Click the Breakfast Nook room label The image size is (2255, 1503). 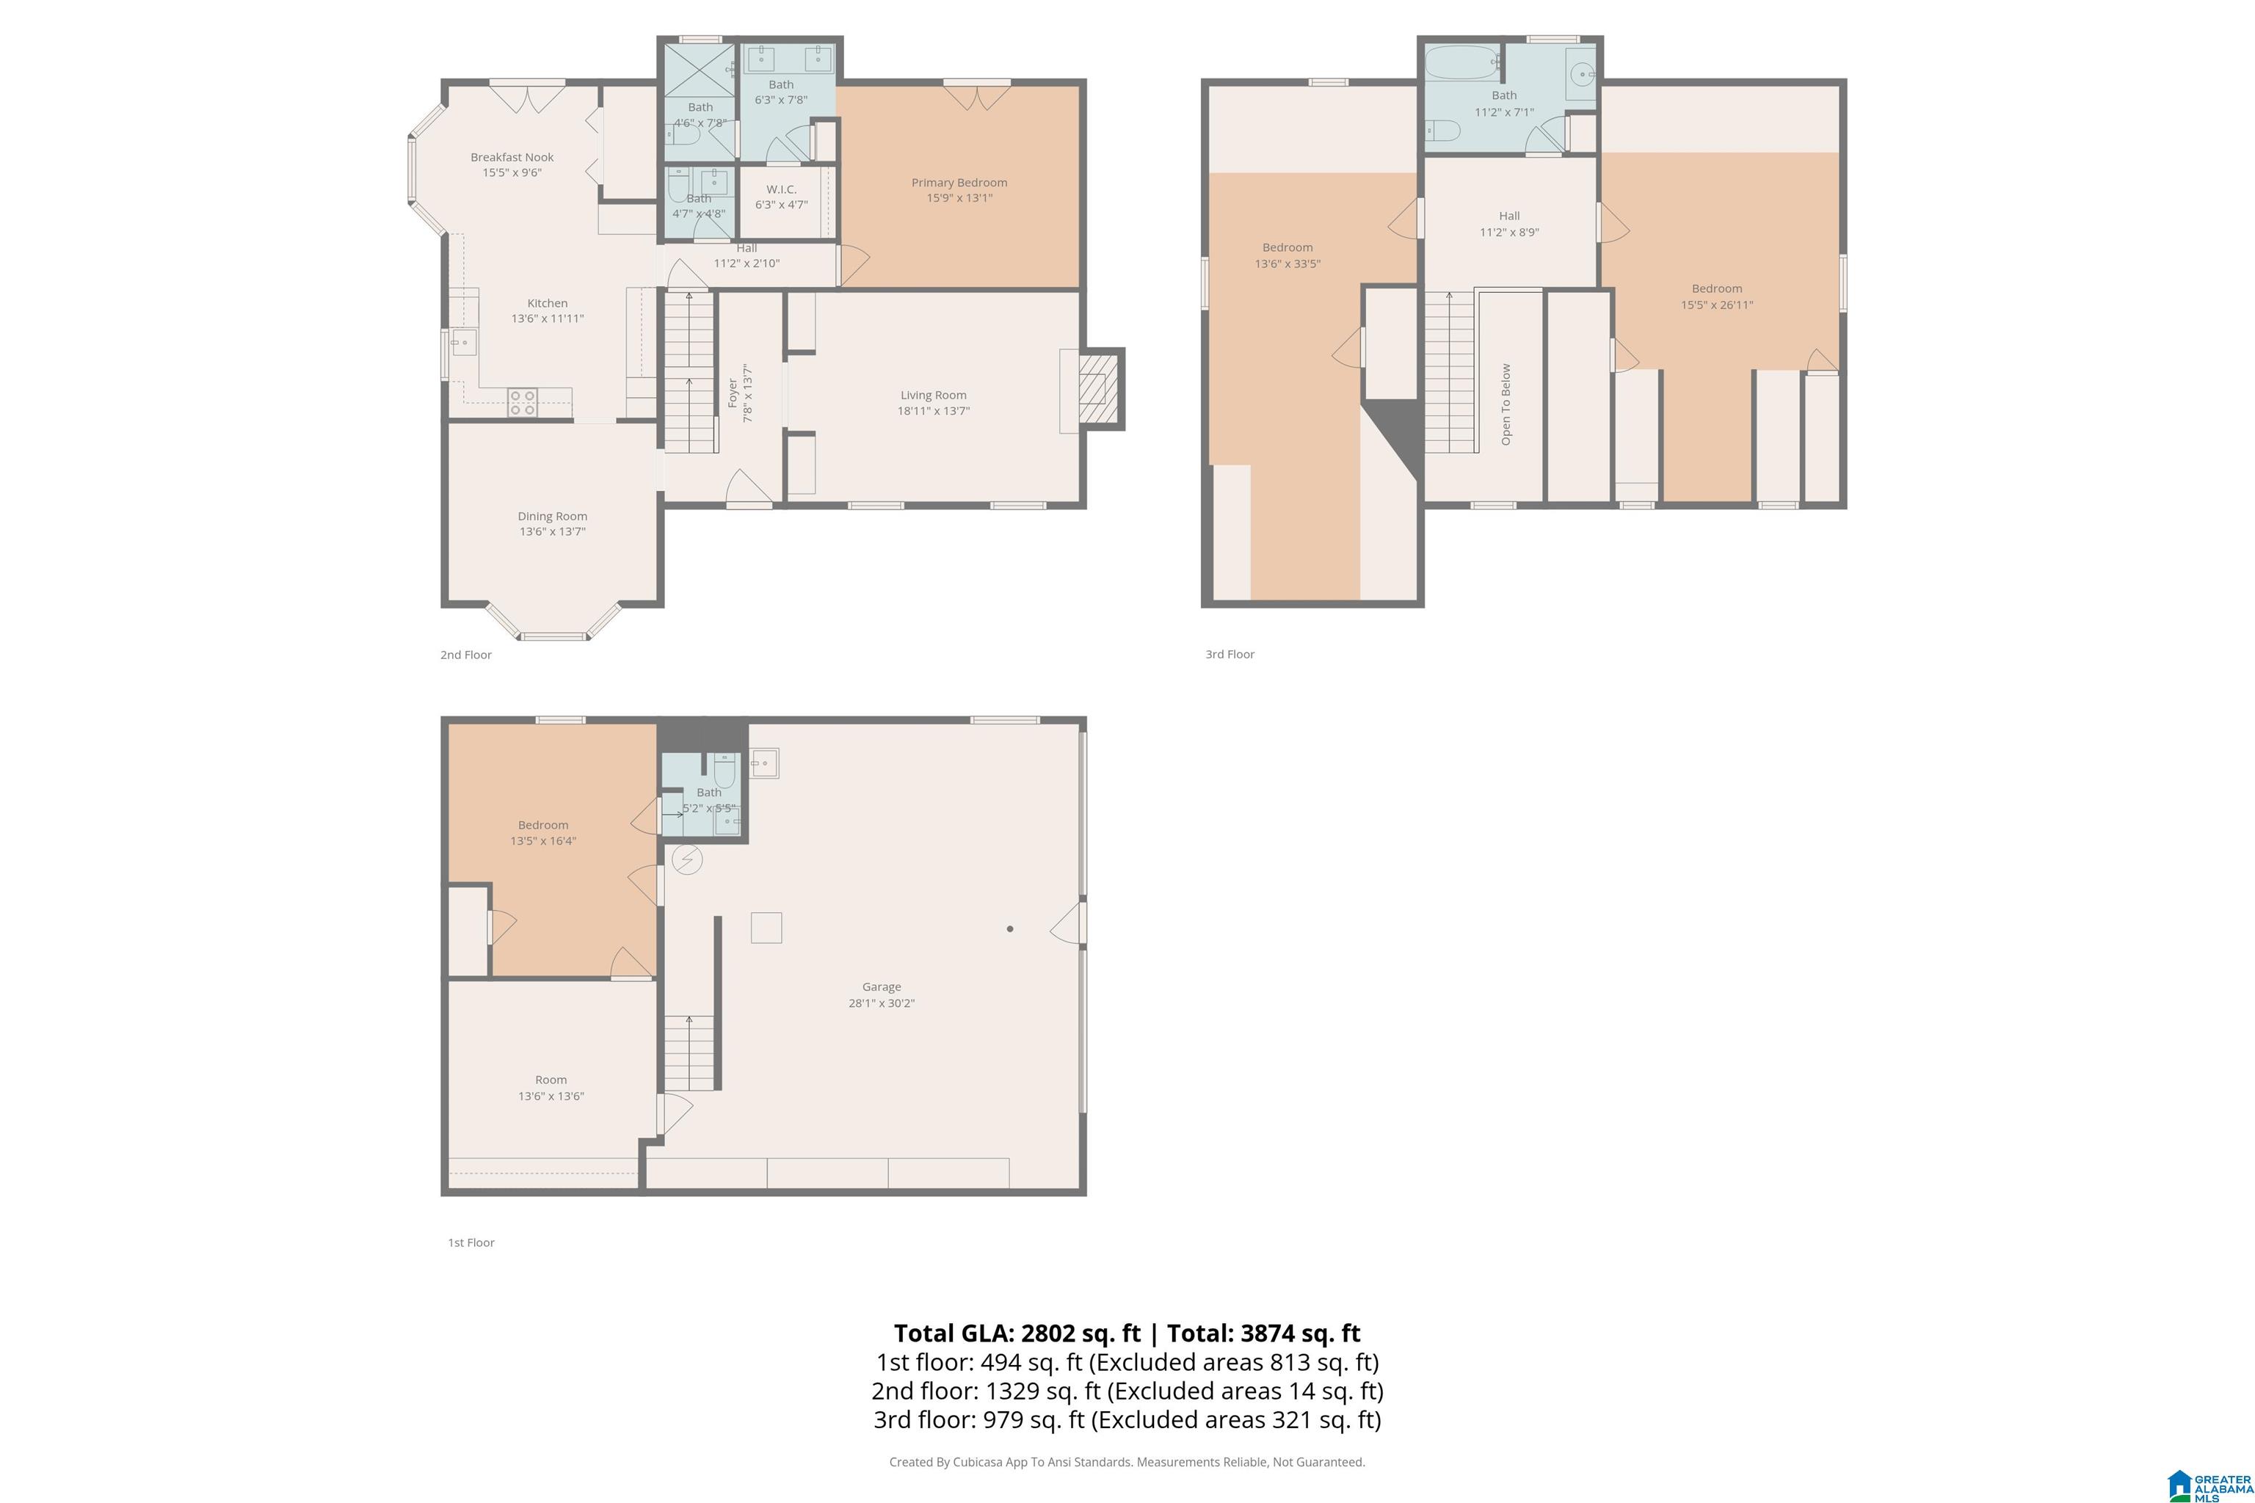point(512,157)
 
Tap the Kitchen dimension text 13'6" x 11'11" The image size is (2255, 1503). point(548,319)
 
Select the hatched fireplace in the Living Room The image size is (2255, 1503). point(1099,388)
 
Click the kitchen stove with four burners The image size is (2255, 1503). point(523,401)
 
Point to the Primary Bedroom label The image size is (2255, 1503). point(959,182)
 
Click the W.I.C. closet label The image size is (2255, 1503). point(781,189)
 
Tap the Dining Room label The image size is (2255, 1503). point(552,516)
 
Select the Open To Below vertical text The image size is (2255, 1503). point(1506,404)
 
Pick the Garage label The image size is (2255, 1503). point(881,986)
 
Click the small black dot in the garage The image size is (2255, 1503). point(1009,929)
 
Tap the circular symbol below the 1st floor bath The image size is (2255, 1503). point(686,860)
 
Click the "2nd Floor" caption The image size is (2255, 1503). point(466,655)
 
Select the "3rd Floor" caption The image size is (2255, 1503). point(1230,654)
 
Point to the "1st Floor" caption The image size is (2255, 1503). point(471,1242)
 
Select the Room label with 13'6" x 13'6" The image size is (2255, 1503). point(551,1080)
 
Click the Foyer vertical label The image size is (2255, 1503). point(733,393)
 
